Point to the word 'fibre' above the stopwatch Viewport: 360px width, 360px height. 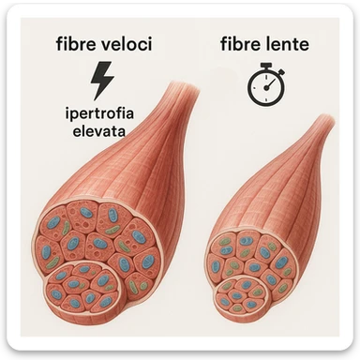point(240,44)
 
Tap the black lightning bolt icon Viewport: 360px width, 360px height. point(101,80)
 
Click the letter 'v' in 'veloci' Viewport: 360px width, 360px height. point(106,45)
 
